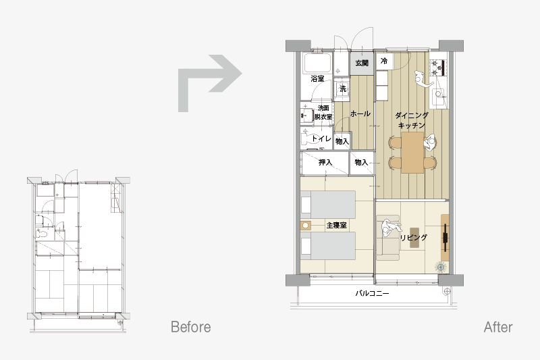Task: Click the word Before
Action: point(191,327)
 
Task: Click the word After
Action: point(498,327)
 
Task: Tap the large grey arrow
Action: point(209,83)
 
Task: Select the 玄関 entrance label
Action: point(362,63)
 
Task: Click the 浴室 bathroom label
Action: point(317,78)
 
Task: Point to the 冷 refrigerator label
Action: point(384,61)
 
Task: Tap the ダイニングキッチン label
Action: point(412,120)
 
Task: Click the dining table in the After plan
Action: point(412,152)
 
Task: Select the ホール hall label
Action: point(360,113)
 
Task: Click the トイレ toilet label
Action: point(321,138)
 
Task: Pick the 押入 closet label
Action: point(325,162)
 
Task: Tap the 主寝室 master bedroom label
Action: point(336,226)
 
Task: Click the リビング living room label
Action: point(414,237)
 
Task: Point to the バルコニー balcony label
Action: point(373,293)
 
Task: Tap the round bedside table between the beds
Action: point(306,226)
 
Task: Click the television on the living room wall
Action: point(445,237)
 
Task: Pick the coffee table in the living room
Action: point(414,238)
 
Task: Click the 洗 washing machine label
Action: point(343,89)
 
